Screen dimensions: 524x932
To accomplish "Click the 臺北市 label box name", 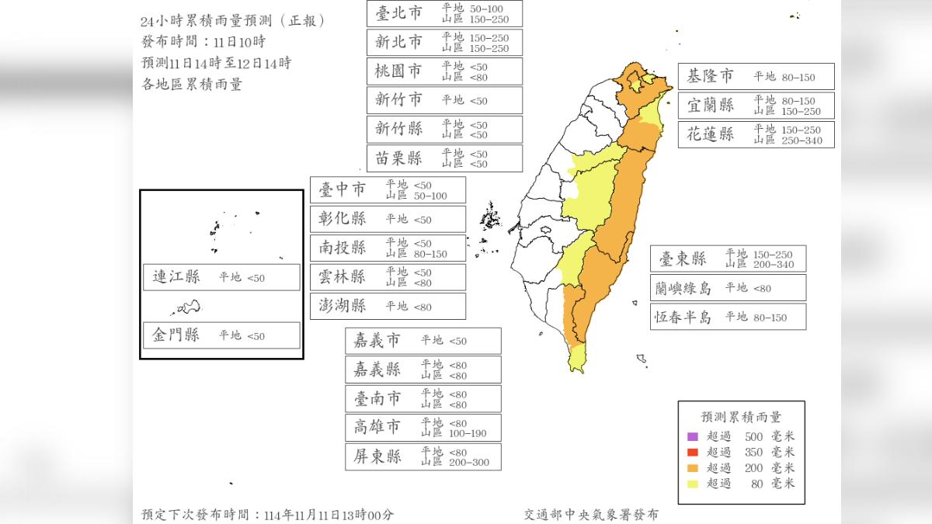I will [x=398, y=13].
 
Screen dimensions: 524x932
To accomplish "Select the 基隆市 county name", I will [x=710, y=76].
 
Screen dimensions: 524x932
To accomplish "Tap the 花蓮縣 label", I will [x=710, y=134].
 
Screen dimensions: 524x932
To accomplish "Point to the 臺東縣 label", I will [x=683, y=259].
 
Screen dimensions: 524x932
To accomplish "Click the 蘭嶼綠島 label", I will [x=683, y=288].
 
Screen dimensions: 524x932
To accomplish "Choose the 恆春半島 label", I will [x=683, y=317].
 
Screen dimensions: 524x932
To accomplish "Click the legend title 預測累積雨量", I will [x=741, y=416].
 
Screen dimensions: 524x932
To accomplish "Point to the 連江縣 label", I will [x=176, y=277].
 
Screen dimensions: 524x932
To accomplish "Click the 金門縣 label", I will [x=176, y=335].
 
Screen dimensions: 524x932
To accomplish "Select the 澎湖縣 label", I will [x=343, y=306].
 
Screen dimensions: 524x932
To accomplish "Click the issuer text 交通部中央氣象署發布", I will [x=593, y=514].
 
